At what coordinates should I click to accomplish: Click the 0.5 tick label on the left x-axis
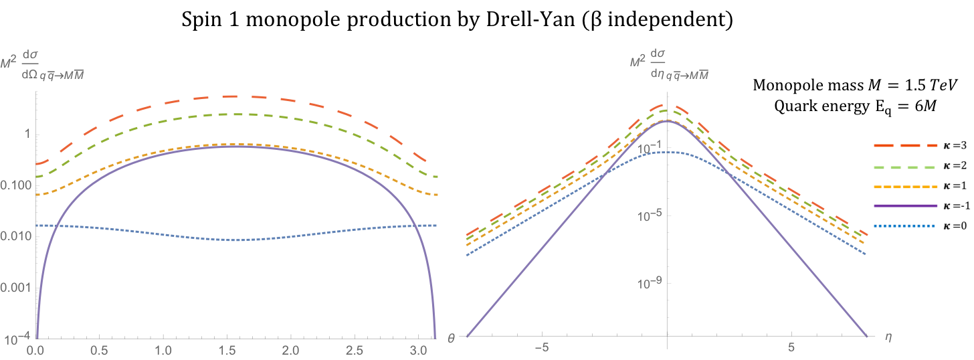(x=99, y=349)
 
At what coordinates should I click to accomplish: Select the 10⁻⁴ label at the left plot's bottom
(x=15, y=339)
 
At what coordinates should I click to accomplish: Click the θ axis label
(x=451, y=339)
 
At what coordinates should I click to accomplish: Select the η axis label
(x=888, y=339)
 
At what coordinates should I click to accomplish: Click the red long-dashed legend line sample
(x=906, y=145)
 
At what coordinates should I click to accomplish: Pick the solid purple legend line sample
(x=906, y=205)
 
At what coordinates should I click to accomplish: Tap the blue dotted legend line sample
(x=906, y=226)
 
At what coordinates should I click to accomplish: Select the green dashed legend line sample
(x=906, y=167)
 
